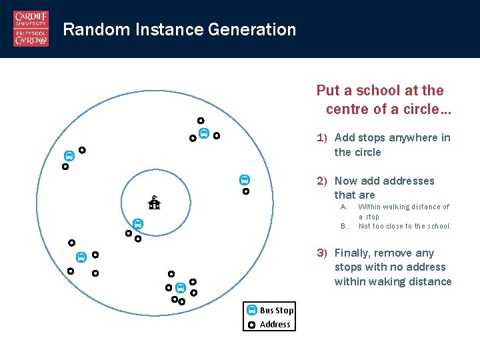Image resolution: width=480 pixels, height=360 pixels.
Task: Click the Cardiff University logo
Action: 31,29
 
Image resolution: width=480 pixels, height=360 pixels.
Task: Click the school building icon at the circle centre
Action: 154,203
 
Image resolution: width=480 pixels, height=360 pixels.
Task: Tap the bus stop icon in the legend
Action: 251,310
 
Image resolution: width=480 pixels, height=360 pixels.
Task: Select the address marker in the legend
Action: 251,325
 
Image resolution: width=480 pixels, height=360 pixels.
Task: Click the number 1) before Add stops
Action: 321,138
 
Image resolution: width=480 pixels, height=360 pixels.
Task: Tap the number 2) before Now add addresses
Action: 321,181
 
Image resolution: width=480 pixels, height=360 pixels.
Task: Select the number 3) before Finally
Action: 321,253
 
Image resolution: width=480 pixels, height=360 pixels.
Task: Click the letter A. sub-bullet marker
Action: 344,207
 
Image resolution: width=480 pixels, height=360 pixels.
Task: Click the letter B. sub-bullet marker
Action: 344,226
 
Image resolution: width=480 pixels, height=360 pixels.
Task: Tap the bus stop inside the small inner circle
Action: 137,224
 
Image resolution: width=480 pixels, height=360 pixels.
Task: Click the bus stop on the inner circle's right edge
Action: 245,180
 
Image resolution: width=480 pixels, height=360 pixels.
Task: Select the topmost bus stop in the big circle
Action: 204,133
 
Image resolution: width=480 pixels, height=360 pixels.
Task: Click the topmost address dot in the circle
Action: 200,121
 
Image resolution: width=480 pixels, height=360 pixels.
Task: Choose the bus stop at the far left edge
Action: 68,156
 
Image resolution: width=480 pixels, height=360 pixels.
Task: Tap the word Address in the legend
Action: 275,325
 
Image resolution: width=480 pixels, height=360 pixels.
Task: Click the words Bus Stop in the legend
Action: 277,310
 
